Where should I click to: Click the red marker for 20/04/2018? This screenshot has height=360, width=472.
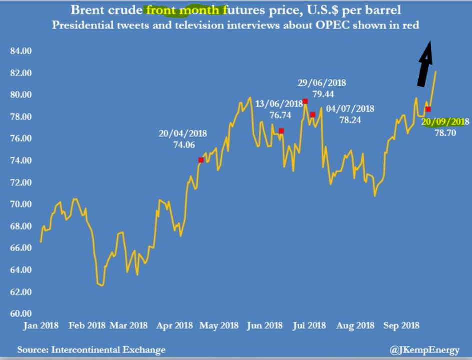(x=201, y=160)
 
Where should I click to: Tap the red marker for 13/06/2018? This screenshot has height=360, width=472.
(x=282, y=131)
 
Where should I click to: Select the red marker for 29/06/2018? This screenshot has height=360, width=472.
(x=305, y=101)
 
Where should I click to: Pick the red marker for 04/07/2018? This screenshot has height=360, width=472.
(x=313, y=115)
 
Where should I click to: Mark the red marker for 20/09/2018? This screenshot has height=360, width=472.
(x=428, y=109)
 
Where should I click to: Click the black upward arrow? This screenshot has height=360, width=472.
(x=424, y=65)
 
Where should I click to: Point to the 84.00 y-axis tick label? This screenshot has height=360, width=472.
(x=21, y=51)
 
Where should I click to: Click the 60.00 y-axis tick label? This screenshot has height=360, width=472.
(x=21, y=314)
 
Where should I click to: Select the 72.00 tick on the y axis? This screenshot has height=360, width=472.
(x=21, y=182)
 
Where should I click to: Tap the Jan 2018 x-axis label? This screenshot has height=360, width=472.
(x=42, y=325)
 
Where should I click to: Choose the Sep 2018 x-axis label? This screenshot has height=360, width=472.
(x=402, y=325)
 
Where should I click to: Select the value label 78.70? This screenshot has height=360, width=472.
(x=445, y=133)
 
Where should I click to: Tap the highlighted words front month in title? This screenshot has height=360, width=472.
(x=183, y=10)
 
